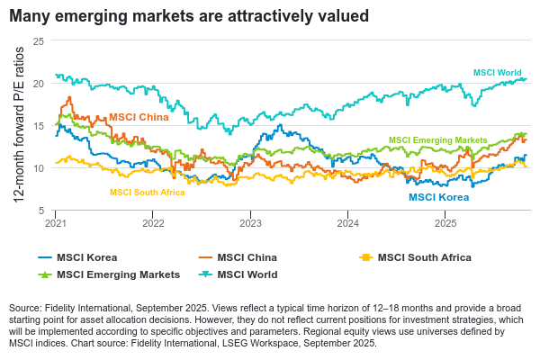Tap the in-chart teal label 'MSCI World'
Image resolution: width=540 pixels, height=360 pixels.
pos(497,72)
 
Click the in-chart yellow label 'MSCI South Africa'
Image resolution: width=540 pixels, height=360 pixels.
pos(147,193)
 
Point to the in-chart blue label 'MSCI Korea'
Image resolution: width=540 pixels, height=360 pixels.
pos(438,196)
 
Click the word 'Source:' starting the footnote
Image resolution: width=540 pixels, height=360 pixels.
pos(27,309)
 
